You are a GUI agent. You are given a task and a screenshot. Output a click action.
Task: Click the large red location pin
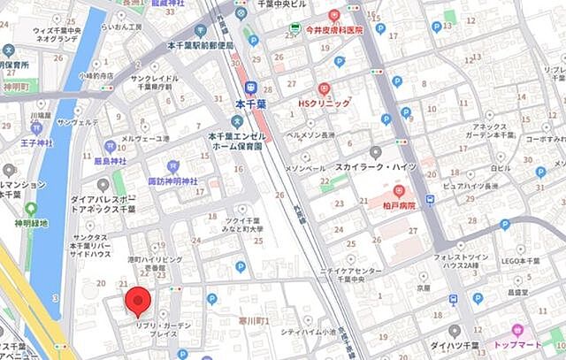(x=137, y=301)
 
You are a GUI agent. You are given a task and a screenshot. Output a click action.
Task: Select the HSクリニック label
(x=324, y=103)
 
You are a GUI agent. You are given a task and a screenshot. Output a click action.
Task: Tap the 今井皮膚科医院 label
(x=333, y=29)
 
